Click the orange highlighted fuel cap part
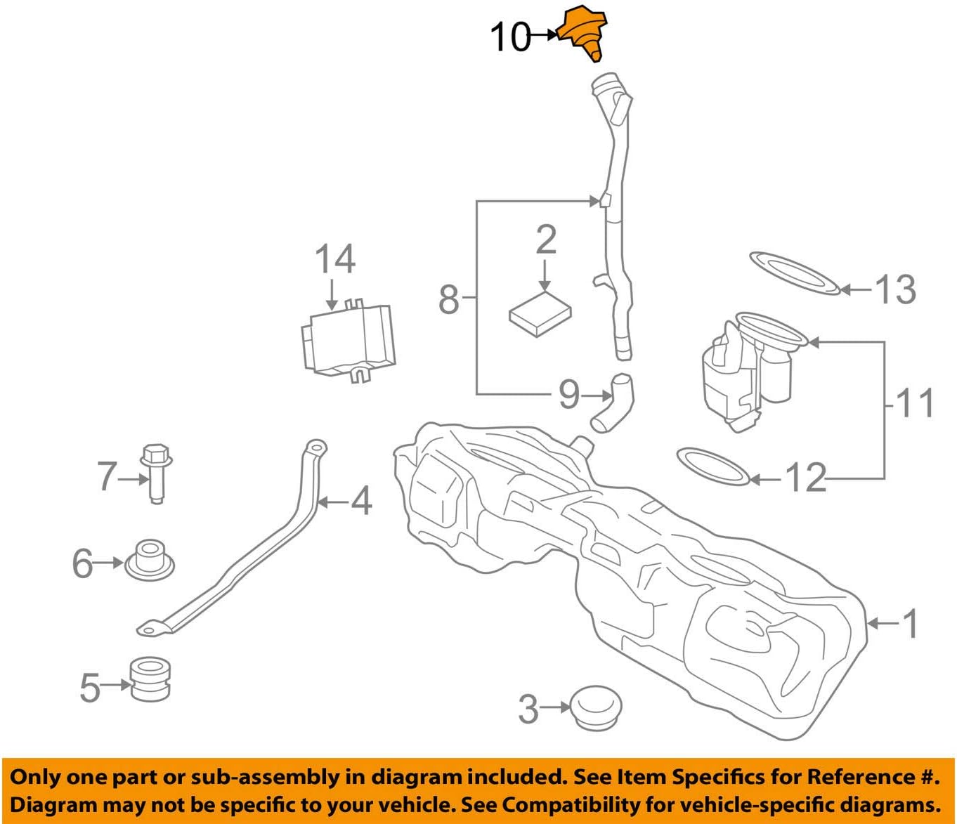pyautogui.click(x=582, y=32)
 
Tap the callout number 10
pyautogui.click(x=510, y=37)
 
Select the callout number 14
pyautogui.click(x=334, y=259)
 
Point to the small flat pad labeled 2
pyautogui.click(x=540, y=315)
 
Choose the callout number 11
pyautogui.click(x=915, y=403)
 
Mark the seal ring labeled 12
pyautogui.click(x=712, y=466)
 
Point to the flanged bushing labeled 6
pyautogui.click(x=149, y=560)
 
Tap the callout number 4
pyautogui.click(x=360, y=502)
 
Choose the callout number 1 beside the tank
pyautogui.click(x=910, y=623)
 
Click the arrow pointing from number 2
pyautogui.click(x=545, y=275)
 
